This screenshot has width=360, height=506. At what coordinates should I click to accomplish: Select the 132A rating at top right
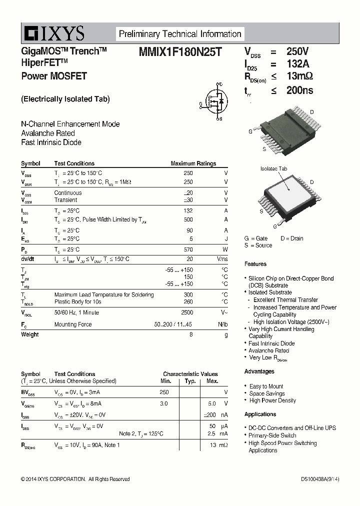coord(297,64)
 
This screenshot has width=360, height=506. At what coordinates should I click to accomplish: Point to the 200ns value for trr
coord(299,90)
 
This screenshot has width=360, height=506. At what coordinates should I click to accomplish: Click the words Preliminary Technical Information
coord(180,34)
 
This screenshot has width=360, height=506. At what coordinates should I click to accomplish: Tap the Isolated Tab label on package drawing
coord(274,169)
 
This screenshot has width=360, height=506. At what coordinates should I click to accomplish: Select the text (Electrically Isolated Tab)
coord(65,99)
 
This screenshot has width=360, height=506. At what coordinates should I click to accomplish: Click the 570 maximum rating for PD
coord(188,249)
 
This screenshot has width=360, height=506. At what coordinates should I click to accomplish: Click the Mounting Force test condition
coord(73,324)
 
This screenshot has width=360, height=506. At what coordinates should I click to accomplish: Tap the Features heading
coord(255,264)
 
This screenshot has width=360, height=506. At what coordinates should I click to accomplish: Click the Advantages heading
coord(259,371)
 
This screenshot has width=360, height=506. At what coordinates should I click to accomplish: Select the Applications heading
coord(260,414)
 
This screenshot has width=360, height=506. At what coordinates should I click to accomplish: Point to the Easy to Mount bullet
coord(266,386)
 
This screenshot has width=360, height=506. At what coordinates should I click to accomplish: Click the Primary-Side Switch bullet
coord(272,435)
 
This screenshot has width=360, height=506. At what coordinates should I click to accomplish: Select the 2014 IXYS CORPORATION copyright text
coord(75,479)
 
